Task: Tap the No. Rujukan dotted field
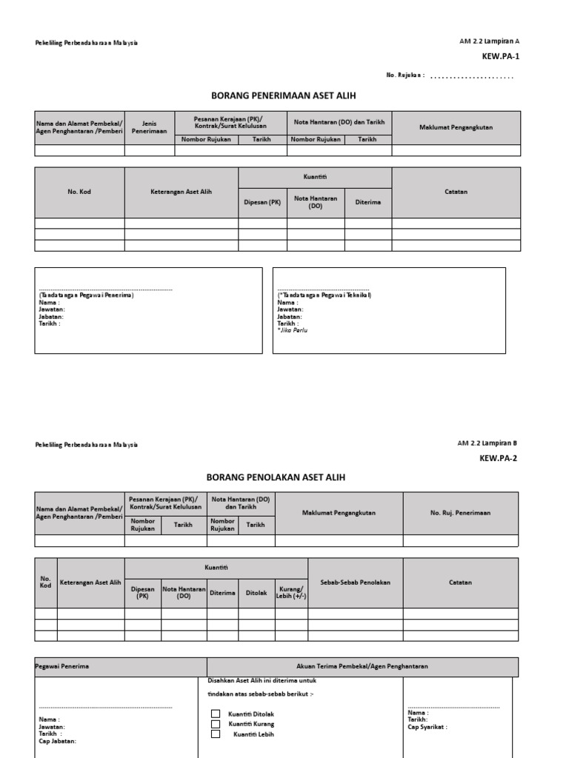[472, 76]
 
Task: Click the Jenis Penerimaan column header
[149, 127]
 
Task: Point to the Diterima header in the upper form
[367, 201]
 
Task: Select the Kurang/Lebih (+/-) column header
[290, 592]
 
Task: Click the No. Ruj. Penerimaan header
[460, 512]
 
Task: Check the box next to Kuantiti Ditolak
[216, 714]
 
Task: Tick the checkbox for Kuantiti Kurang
[216, 724]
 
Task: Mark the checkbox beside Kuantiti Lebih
[216, 734]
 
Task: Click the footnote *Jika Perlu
[292, 330]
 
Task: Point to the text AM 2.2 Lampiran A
[490, 41]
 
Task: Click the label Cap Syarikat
[427, 727]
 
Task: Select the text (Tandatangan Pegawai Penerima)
[86, 295]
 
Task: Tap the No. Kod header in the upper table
[79, 192]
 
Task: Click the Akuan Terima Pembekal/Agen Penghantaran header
[362, 666]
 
